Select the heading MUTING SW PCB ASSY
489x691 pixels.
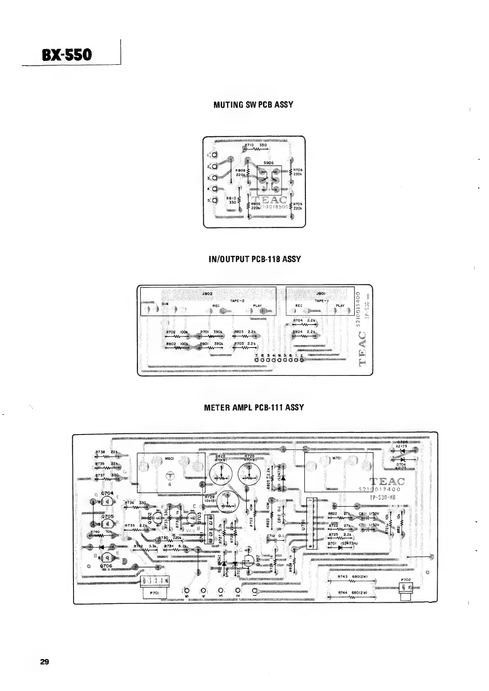pos(253,104)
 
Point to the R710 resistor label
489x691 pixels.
pos(249,145)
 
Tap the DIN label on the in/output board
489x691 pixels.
pos(165,304)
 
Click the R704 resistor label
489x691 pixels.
pos(298,320)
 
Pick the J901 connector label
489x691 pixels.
pos(321,294)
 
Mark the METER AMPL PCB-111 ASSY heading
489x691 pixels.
pos(254,407)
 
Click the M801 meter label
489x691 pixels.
pos(170,458)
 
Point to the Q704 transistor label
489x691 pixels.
pos(107,493)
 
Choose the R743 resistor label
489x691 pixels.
pos(342,577)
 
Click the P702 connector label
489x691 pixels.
pos(405,580)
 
